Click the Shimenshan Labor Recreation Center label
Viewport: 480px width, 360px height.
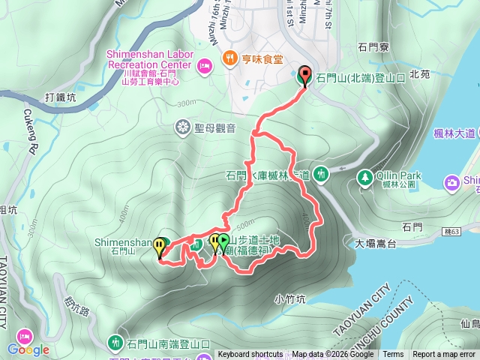(149, 59)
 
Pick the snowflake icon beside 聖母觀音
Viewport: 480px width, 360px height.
(182, 127)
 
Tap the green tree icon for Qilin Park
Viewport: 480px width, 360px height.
(365, 177)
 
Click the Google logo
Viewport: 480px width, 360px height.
(28, 349)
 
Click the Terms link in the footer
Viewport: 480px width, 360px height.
(393, 355)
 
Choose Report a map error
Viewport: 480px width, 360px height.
(444, 355)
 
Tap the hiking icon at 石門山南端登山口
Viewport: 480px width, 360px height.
(115, 343)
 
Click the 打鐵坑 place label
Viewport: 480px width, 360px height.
(61, 97)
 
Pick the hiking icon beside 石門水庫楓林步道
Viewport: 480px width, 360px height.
(321, 174)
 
